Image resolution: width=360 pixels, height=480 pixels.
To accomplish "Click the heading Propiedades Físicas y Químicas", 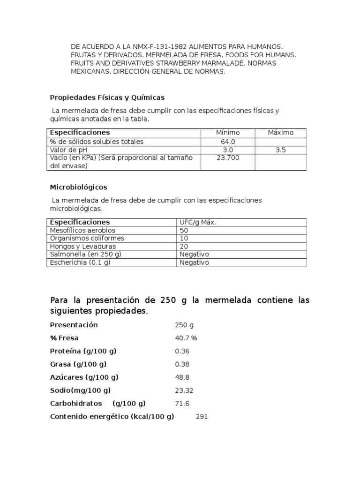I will coord(107,97).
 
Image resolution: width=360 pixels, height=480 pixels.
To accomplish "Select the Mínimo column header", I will coord(227,133).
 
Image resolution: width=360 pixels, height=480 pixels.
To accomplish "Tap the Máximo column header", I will coord(280,133).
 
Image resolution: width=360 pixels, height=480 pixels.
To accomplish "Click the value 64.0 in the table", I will coord(227,142).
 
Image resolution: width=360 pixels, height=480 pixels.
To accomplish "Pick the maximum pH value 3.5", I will coord(280,150).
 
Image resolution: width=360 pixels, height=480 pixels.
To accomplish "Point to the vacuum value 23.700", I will coord(227,158).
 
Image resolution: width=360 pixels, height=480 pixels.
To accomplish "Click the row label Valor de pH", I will coord(69,150).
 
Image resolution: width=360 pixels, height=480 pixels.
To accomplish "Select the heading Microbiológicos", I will coord(78,187).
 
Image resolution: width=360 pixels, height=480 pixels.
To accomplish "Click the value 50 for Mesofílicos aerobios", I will coord(184,231).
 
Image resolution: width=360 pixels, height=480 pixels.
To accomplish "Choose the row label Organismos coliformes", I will coord(87,239).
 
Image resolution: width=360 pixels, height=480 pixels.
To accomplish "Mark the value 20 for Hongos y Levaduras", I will coord(184,247).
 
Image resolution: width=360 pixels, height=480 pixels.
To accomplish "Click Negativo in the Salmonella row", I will coord(194,255).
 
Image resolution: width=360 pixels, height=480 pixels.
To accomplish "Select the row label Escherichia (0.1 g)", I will coord(80,262).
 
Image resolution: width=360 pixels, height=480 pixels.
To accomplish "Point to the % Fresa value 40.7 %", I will coord(186,338).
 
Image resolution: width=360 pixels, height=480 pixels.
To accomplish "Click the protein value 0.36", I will coord(182,351).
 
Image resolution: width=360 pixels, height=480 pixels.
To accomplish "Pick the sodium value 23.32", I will coord(184,390).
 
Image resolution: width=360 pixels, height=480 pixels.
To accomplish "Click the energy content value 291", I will coord(202,417).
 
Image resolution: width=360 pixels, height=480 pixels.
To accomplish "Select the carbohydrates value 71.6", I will coord(182,404).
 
